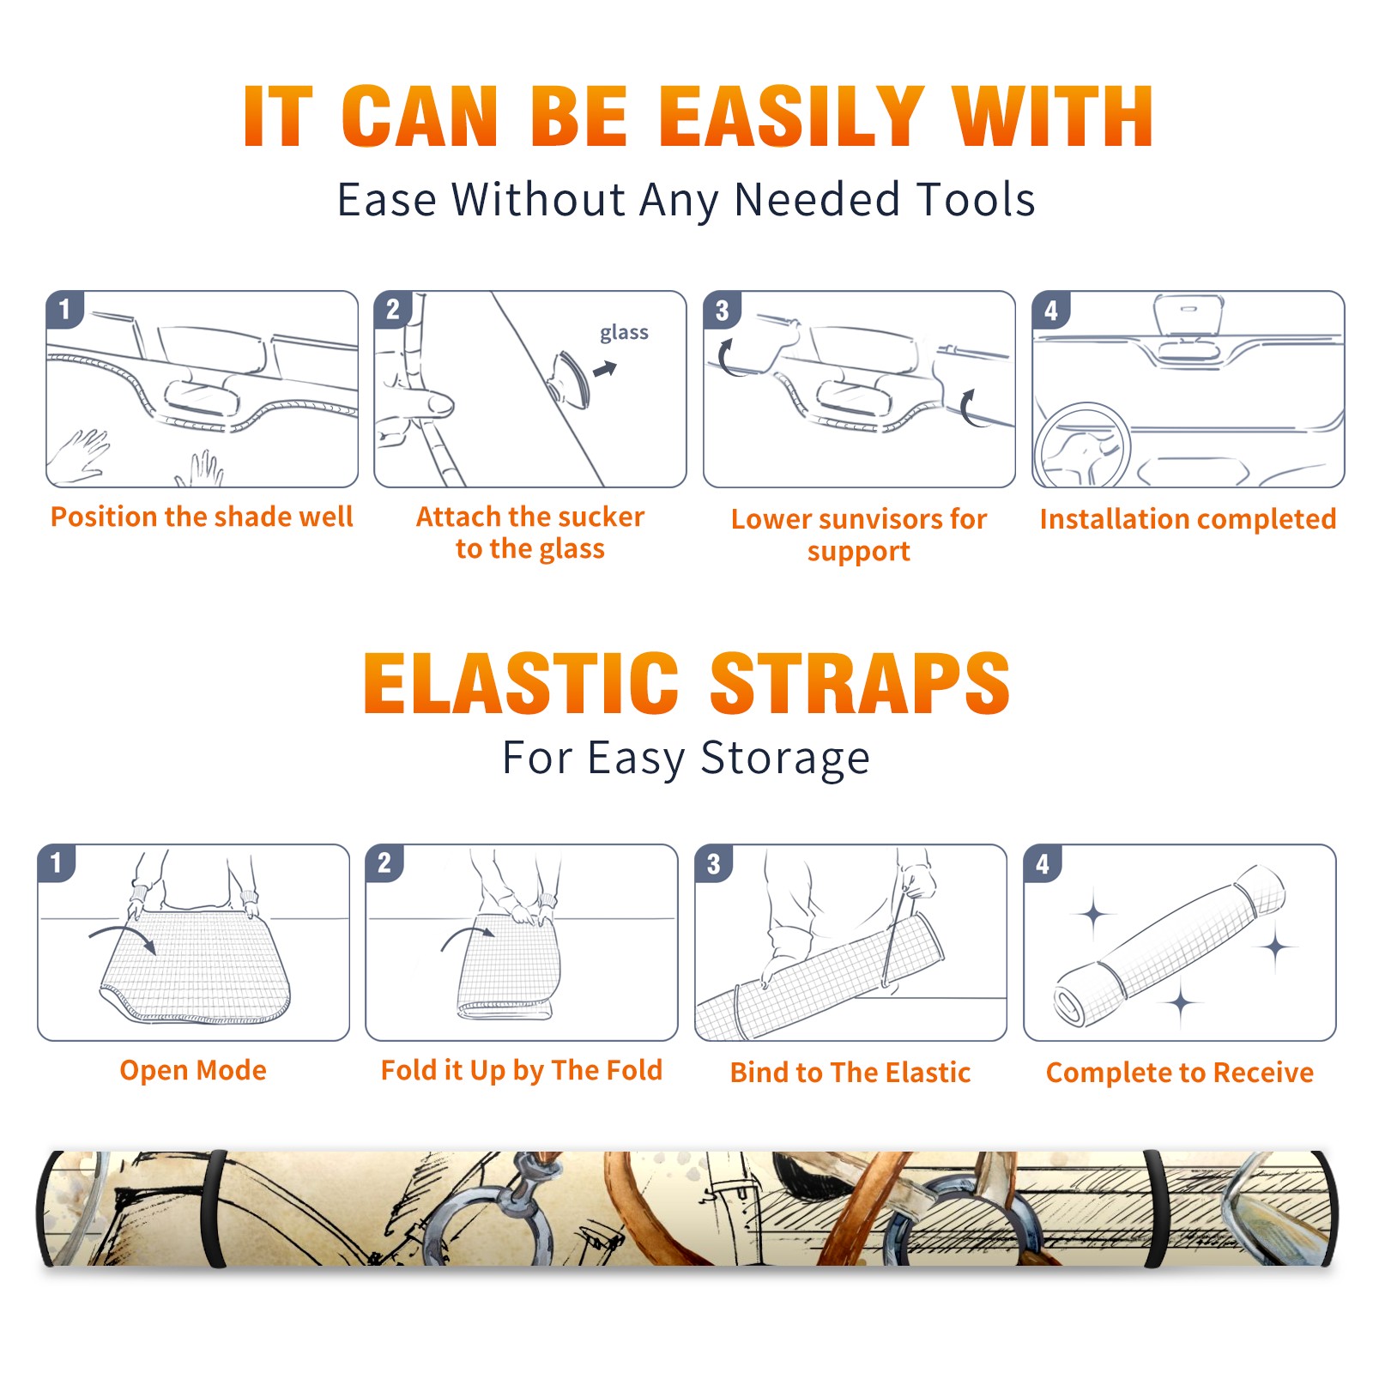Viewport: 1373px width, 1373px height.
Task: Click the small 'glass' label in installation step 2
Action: point(624,332)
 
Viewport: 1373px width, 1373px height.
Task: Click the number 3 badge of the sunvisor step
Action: point(722,310)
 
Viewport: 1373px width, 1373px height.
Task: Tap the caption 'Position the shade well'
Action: point(202,517)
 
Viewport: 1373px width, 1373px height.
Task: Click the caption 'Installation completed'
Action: point(1188,518)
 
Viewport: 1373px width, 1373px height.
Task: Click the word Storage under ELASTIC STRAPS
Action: point(784,759)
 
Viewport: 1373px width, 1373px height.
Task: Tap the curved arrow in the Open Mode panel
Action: point(123,936)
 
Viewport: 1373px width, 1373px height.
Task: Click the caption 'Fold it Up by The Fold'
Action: point(522,1070)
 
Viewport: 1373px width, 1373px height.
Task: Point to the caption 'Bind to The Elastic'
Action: point(850,1072)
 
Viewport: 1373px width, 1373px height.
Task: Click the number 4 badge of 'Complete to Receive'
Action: point(1043,863)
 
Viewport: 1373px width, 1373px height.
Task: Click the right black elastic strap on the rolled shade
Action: point(1156,1208)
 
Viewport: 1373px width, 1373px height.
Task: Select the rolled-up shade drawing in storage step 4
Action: point(1170,947)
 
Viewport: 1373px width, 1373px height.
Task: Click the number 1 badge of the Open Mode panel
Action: point(56,863)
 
